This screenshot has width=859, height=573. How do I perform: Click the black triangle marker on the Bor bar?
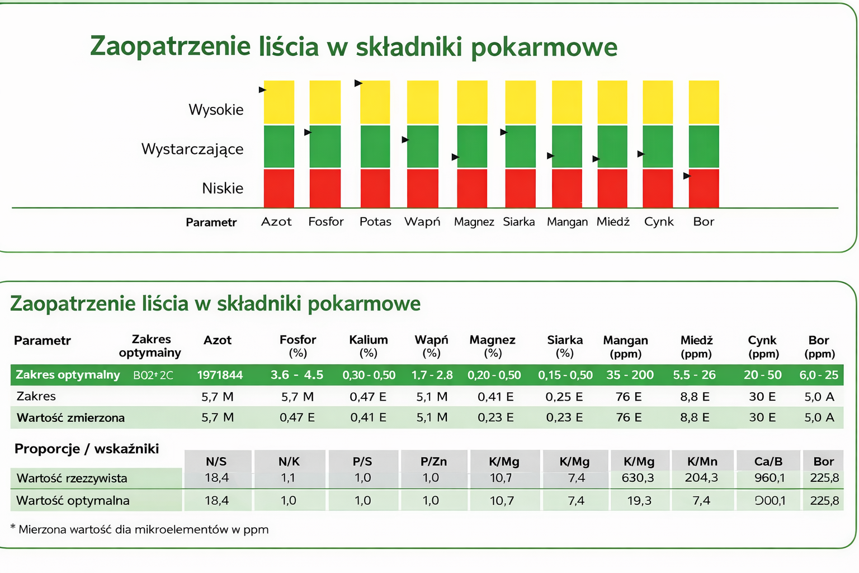(x=687, y=176)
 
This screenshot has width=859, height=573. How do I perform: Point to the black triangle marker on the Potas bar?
(x=358, y=83)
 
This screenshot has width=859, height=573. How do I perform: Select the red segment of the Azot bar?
(x=279, y=188)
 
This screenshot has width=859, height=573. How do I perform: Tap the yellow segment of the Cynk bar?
(x=658, y=102)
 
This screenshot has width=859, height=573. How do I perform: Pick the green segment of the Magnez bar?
(x=472, y=147)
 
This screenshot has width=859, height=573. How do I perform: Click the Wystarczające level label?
(x=192, y=149)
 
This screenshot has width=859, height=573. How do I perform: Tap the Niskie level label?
(x=223, y=189)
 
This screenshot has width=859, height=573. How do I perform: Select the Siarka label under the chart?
(x=519, y=222)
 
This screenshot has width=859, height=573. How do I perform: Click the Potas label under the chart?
(x=375, y=222)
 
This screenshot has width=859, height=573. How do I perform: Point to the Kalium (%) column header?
(x=369, y=346)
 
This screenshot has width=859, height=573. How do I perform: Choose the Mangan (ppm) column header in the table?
(x=625, y=346)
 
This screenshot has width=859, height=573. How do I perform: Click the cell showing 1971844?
(x=220, y=375)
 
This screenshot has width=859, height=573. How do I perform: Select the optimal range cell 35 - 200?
(x=630, y=375)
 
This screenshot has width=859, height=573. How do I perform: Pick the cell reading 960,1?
(x=770, y=478)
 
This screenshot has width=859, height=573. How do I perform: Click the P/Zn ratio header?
(x=434, y=462)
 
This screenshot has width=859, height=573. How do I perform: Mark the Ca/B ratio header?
(x=768, y=462)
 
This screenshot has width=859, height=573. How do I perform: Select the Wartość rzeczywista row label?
(x=72, y=478)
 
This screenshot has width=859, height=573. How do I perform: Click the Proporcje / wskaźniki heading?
(x=87, y=449)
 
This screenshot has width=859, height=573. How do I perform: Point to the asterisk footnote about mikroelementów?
(x=140, y=529)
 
